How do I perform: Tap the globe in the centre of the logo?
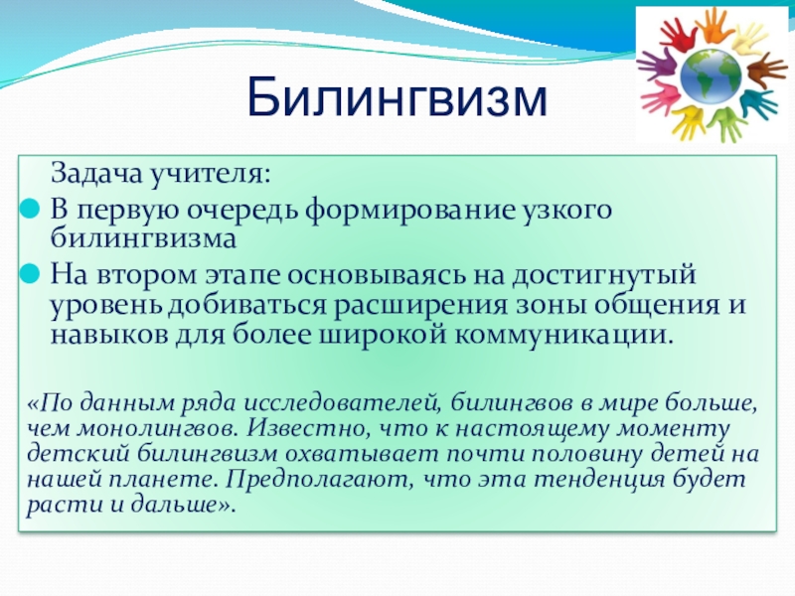pos(712,72)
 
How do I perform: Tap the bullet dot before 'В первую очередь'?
pos(31,211)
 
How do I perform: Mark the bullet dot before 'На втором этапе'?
pos(31,271)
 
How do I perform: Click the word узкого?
pos(556,211)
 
